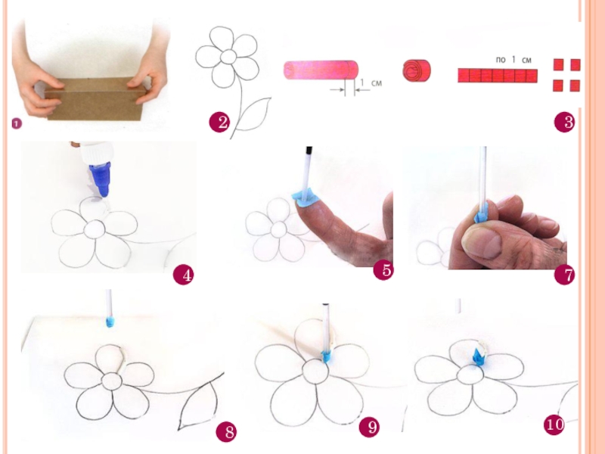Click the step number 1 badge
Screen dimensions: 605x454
pyautogui.click(x=17, y=124)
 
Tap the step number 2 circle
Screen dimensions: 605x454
pyautogui.click(x=219, y=123)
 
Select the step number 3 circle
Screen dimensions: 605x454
pyautogui.click(x=564, y=123)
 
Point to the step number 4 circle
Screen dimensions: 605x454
pyautogui.click(x=183, y=275)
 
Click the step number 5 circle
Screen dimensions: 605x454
pyautogui.click(x=383, y=269)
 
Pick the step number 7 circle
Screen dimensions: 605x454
pyautogui.click(x=564, y=275)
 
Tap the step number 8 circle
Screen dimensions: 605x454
pyautogui.click(x=226, y=431)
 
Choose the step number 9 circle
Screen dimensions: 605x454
pyautogui.click(x=369, y=427)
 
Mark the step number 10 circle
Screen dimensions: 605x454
pyautogui.click(x=554, y=424)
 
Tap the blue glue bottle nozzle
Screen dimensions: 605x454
pyautogui.click(x=101, y=179)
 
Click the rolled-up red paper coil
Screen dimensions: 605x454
pyautogui.click(x=417, y=70)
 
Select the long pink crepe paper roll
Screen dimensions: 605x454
pyautogui.click(x=321, y=70)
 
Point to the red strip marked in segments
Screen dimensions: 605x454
pyautogui.click(x=498, y=75)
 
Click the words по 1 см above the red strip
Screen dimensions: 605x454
pyautogui.click(x=513, y=60)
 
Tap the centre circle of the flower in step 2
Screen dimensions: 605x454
pyautogui.click(x=228, y=57)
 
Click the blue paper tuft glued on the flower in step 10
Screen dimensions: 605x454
pyautogui.click(x=479, y=356)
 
